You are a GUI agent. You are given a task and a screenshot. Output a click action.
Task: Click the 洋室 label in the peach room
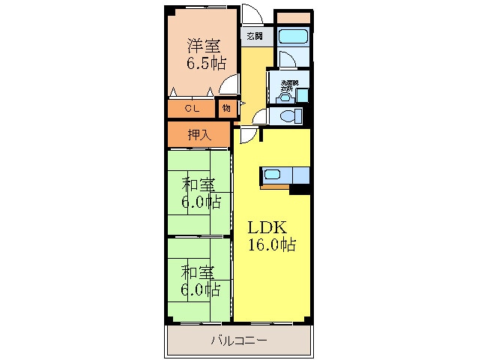(x=203, y=44)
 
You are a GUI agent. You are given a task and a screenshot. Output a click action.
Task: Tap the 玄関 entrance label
(x=253, y=35)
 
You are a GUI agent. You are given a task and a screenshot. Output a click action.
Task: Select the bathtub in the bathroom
(x=292, y=37)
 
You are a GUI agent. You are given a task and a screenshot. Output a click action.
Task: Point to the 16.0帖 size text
(x=271, y=244)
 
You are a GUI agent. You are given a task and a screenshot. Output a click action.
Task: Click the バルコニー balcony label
(x=238, y=341)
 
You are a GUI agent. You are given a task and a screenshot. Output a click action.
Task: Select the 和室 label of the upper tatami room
(x=198, y=184)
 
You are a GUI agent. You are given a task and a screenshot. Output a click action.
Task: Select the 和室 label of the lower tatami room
(x=198, y=271)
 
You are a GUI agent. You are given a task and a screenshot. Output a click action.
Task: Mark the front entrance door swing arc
(x=253, y=17)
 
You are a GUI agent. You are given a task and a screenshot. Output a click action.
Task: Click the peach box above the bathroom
(x=293, y=16)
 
